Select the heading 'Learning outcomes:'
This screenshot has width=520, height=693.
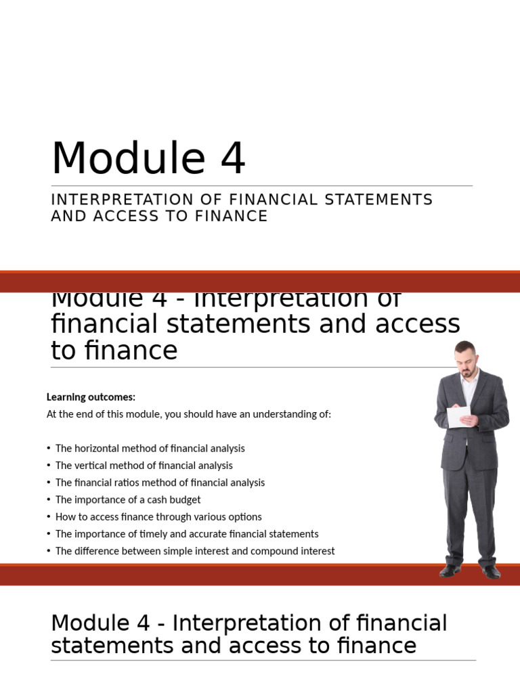click(x=91, y=397)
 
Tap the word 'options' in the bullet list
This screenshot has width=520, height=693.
click(x=245, y=517)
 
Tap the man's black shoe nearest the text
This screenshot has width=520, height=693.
click(x=450, y=571)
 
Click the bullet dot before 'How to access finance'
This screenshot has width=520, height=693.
click(x=49, y=517)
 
